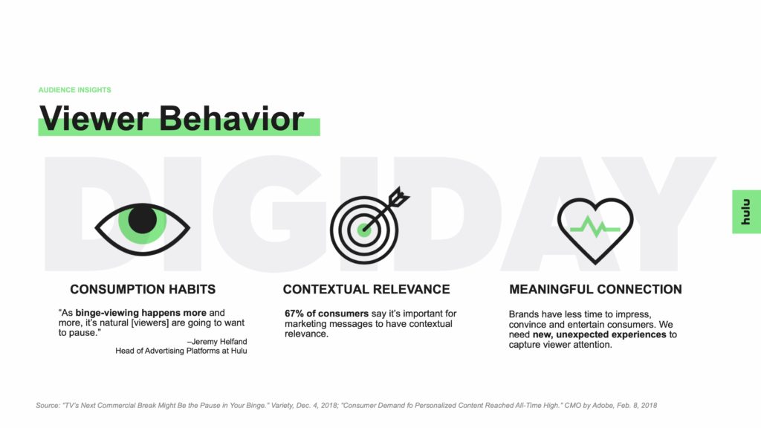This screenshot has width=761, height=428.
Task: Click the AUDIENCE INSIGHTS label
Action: tap(75, 90)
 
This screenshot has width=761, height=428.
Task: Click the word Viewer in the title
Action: tap(94, 118)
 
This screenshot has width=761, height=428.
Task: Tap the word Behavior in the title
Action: tap(232, 118)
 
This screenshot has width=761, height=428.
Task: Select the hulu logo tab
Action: tap(746, 212)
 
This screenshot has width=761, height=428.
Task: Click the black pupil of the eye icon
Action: tap(142, 219)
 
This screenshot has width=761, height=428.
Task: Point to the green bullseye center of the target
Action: tap(364, 230)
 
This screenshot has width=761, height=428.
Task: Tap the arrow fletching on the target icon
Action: tap(399, 197)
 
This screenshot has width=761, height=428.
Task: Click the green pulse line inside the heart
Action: tap(595, 227)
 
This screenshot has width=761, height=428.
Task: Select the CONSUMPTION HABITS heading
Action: tap(143, 289)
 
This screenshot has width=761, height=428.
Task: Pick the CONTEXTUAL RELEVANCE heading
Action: tap(366, 289)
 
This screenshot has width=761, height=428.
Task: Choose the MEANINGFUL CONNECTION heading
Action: tap(595, 289)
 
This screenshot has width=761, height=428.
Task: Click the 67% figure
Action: tap(294, 314)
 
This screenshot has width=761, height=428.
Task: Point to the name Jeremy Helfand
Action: tap(219, 342)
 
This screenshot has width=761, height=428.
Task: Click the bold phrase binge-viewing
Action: tap(107, 313)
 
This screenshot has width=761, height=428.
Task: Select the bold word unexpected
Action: tap(582, 334)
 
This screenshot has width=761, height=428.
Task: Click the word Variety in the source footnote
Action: tap(282, 405)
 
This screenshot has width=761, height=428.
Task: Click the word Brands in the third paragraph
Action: tap(524, 314)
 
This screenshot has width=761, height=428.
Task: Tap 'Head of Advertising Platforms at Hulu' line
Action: tap(181, 351)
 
